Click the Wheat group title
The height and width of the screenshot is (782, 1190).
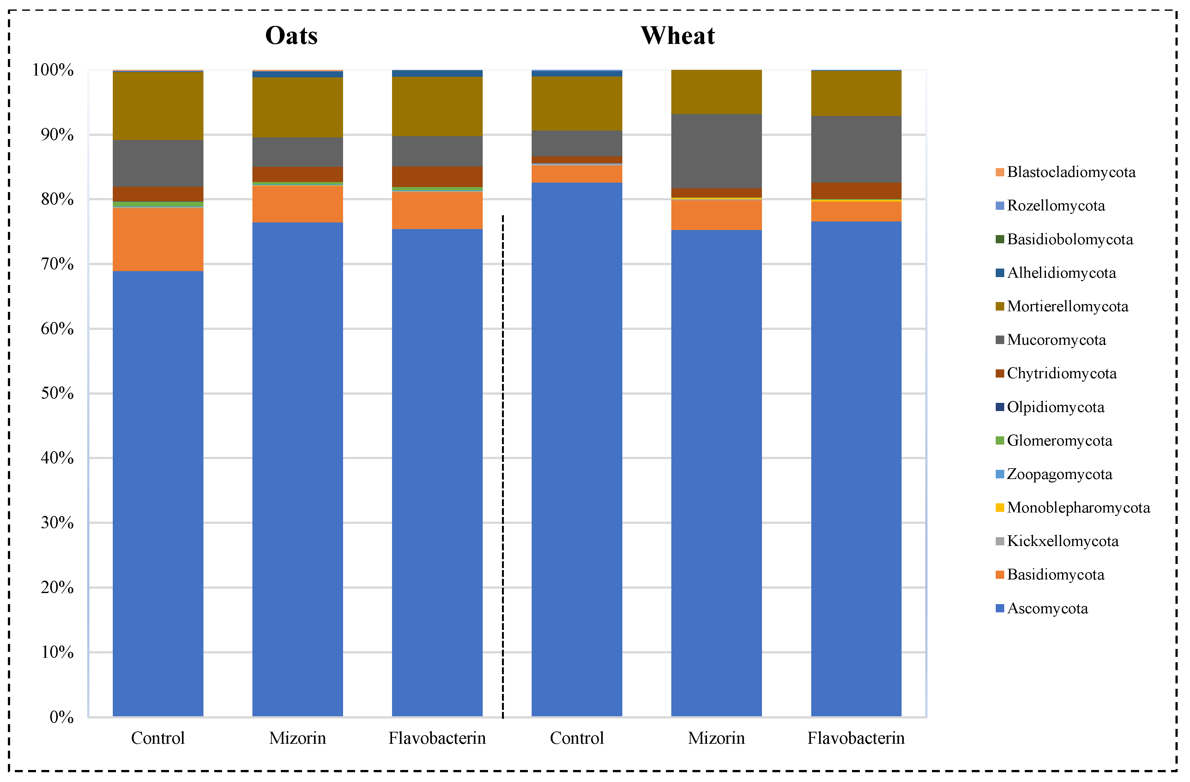click(x=678, y=35)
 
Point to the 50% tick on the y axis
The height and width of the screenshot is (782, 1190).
click(x=57, y=393)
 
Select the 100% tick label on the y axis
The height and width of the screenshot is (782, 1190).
click(x=53, y=70)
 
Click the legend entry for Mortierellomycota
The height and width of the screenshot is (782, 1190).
click(x=1067, y=306)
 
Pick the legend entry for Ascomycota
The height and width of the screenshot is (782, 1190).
click(x=1047, y=609)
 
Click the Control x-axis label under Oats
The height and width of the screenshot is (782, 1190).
click(x=158, y=738)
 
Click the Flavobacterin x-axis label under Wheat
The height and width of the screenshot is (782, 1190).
click(x=856, y=738)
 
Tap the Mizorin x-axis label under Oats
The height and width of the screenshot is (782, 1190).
click(x=298, y=738)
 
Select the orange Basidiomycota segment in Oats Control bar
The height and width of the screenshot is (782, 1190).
click(x=158, y=239)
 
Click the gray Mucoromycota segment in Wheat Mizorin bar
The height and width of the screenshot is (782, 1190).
click(x=716, y=151)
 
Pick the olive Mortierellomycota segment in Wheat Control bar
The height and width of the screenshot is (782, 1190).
click(x=577, y=104)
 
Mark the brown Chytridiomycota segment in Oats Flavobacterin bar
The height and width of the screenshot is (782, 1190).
click(x=437, y=177)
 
